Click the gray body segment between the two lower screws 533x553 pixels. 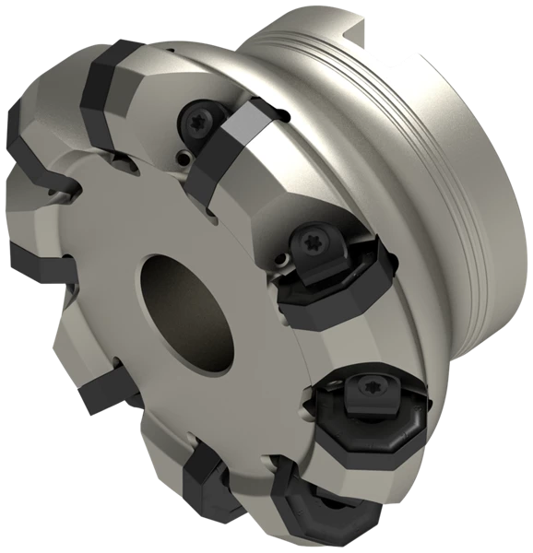point(341,332)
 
